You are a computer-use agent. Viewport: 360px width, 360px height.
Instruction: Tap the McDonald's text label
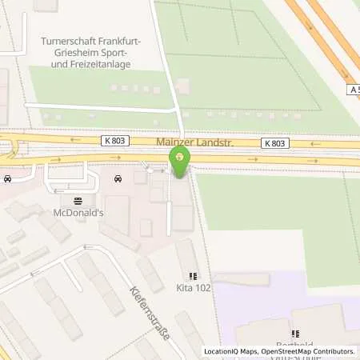click(x=78, y=214)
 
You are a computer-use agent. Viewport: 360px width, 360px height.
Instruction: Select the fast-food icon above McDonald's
click(x=78, y=202)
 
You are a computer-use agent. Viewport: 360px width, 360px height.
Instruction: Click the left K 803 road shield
click(x=114, y=141)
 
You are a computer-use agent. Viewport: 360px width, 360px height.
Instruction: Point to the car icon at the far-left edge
click(x=6, y=179)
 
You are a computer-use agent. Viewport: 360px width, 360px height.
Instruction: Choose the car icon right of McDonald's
click(x=118, y=179)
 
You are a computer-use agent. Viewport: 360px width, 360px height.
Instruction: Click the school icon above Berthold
click(x=294, y=334)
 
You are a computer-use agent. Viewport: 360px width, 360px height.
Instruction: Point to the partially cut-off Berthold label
click(x=294, y=345)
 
